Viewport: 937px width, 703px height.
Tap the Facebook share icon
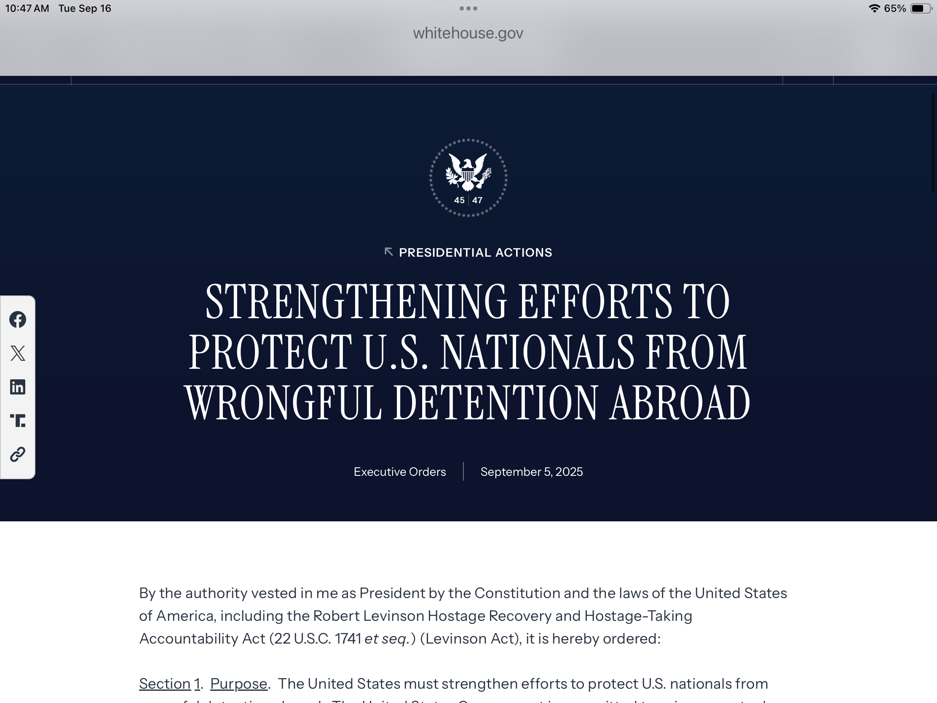click(x=18, y=319)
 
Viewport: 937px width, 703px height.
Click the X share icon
click(x=18, y=353)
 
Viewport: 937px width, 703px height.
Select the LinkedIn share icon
click(x=18, y=387)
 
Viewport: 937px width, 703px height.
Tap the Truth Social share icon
click(x=18, y=420)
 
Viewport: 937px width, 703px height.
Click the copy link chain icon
click(x=18, y=454)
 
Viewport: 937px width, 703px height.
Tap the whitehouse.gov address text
click(x=468, y=33)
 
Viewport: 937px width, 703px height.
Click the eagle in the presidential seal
click(x=468, y=172)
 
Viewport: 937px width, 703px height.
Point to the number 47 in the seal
click(x=477, y=201)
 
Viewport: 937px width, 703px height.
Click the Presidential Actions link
click(x=475, y=252)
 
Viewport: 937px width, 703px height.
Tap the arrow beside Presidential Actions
click(x=388, y=252)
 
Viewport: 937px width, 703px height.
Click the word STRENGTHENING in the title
click(x=356, y=302)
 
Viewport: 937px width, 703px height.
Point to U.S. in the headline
click(x=396, y=353)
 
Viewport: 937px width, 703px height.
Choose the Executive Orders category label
click(x=400, y=472)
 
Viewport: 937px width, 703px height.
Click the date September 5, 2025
click(x=532, y=472)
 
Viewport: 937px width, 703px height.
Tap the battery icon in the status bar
click(x=920, y=8)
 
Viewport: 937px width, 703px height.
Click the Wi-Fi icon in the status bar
click(x=874, y=8)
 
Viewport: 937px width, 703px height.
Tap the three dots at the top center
click(x=468, y=8)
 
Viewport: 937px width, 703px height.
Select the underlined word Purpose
click(x=238, y=684)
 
